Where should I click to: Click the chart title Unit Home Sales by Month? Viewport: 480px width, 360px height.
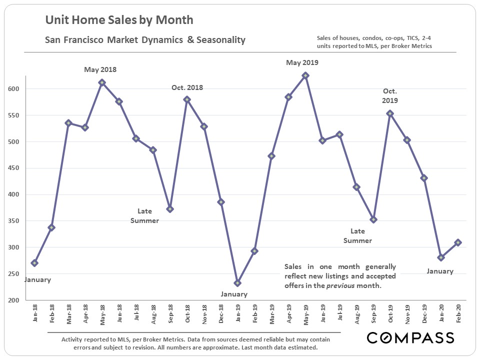point(119,20)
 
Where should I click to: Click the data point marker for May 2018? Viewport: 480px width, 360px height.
point(102,83)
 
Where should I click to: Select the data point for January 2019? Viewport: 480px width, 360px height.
point(237,283)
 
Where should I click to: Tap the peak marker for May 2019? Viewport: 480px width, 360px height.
point(305,75)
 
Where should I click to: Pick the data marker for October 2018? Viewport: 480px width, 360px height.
point(187,99)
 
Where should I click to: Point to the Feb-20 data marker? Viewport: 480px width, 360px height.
point(458,242)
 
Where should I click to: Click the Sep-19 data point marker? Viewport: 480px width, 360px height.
point(373,219)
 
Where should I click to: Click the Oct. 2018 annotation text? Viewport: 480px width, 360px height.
point(187,87)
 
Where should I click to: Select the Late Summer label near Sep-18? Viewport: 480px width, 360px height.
point(144,215)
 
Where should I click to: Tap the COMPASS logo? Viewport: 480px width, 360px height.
point(410,338)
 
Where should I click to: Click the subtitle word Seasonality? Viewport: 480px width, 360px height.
point(222,39)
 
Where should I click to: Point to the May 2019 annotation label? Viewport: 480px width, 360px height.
point(302,62)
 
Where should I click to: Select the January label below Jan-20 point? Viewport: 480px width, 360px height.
point(440,271)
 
